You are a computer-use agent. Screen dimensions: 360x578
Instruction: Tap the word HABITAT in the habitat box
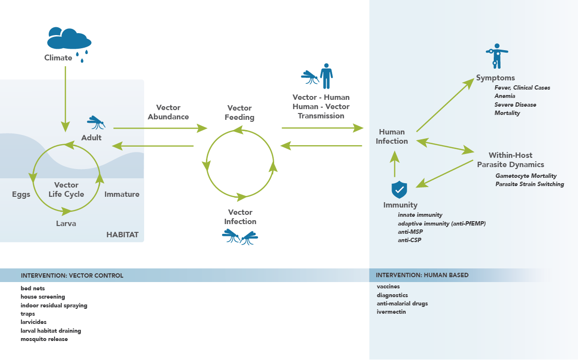[x=122, y=235]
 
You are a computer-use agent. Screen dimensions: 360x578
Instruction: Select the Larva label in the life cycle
[x=66, y=224]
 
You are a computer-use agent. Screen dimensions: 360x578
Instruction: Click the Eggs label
[x=21, y=194]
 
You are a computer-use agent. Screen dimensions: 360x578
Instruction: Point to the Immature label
[x=122, y=194]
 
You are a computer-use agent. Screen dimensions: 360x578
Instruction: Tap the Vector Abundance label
[x=168, y=112]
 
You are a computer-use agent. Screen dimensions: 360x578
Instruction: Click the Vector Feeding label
[x=240, y=113]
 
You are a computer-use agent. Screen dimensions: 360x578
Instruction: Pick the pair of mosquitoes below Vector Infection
[x=240, y=237]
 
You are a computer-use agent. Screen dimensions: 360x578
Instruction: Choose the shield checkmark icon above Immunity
[x=399, y=189]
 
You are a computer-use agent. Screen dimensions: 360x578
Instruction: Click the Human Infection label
[x=392, y=136]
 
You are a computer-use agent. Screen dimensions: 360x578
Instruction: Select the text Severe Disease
[x=515, y=105]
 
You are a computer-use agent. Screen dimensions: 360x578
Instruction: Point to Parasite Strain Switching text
[x=530, y=184]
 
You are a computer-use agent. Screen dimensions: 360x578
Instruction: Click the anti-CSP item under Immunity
[x=409, y=240]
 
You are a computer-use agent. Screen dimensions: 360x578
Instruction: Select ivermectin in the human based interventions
[x=391, y=312]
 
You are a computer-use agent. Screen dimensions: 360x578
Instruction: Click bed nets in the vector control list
[x=33, y=288]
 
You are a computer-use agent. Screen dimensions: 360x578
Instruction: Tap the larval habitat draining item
[x=51, y=331]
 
